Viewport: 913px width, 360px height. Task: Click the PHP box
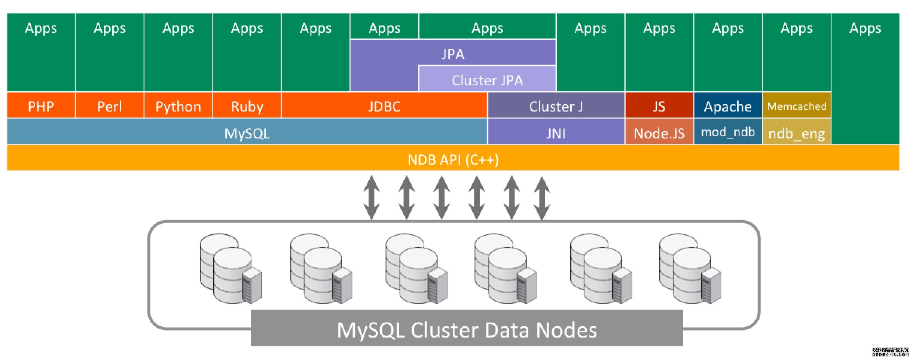tap(41, 106)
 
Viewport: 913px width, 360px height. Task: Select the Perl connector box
tap(109, 106)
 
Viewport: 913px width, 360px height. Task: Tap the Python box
tap(178, 106)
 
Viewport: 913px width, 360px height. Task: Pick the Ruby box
tap(247, 106)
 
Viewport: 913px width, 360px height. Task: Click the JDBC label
tap(384, 106)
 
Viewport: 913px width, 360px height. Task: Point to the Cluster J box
tap(556, 106)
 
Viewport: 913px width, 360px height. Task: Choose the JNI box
tap(556, 133)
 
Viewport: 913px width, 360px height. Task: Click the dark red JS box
tap(659, 106)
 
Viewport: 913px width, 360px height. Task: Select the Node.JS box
tap(659, 133)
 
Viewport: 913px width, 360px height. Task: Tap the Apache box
tap(727, 106)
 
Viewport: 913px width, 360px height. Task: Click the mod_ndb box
tap(727, 132)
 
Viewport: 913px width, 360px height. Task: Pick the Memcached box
tap(796, 106)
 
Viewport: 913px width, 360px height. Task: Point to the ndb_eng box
tap(796, 133)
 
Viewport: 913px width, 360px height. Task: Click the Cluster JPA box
tap(487, 80)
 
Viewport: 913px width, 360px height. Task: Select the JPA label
tap(453, 54)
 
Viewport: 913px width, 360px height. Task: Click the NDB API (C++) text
tap(453, 159)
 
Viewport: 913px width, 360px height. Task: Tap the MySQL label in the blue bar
tap(247, 133)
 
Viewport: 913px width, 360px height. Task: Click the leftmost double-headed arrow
tap(371, 197)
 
